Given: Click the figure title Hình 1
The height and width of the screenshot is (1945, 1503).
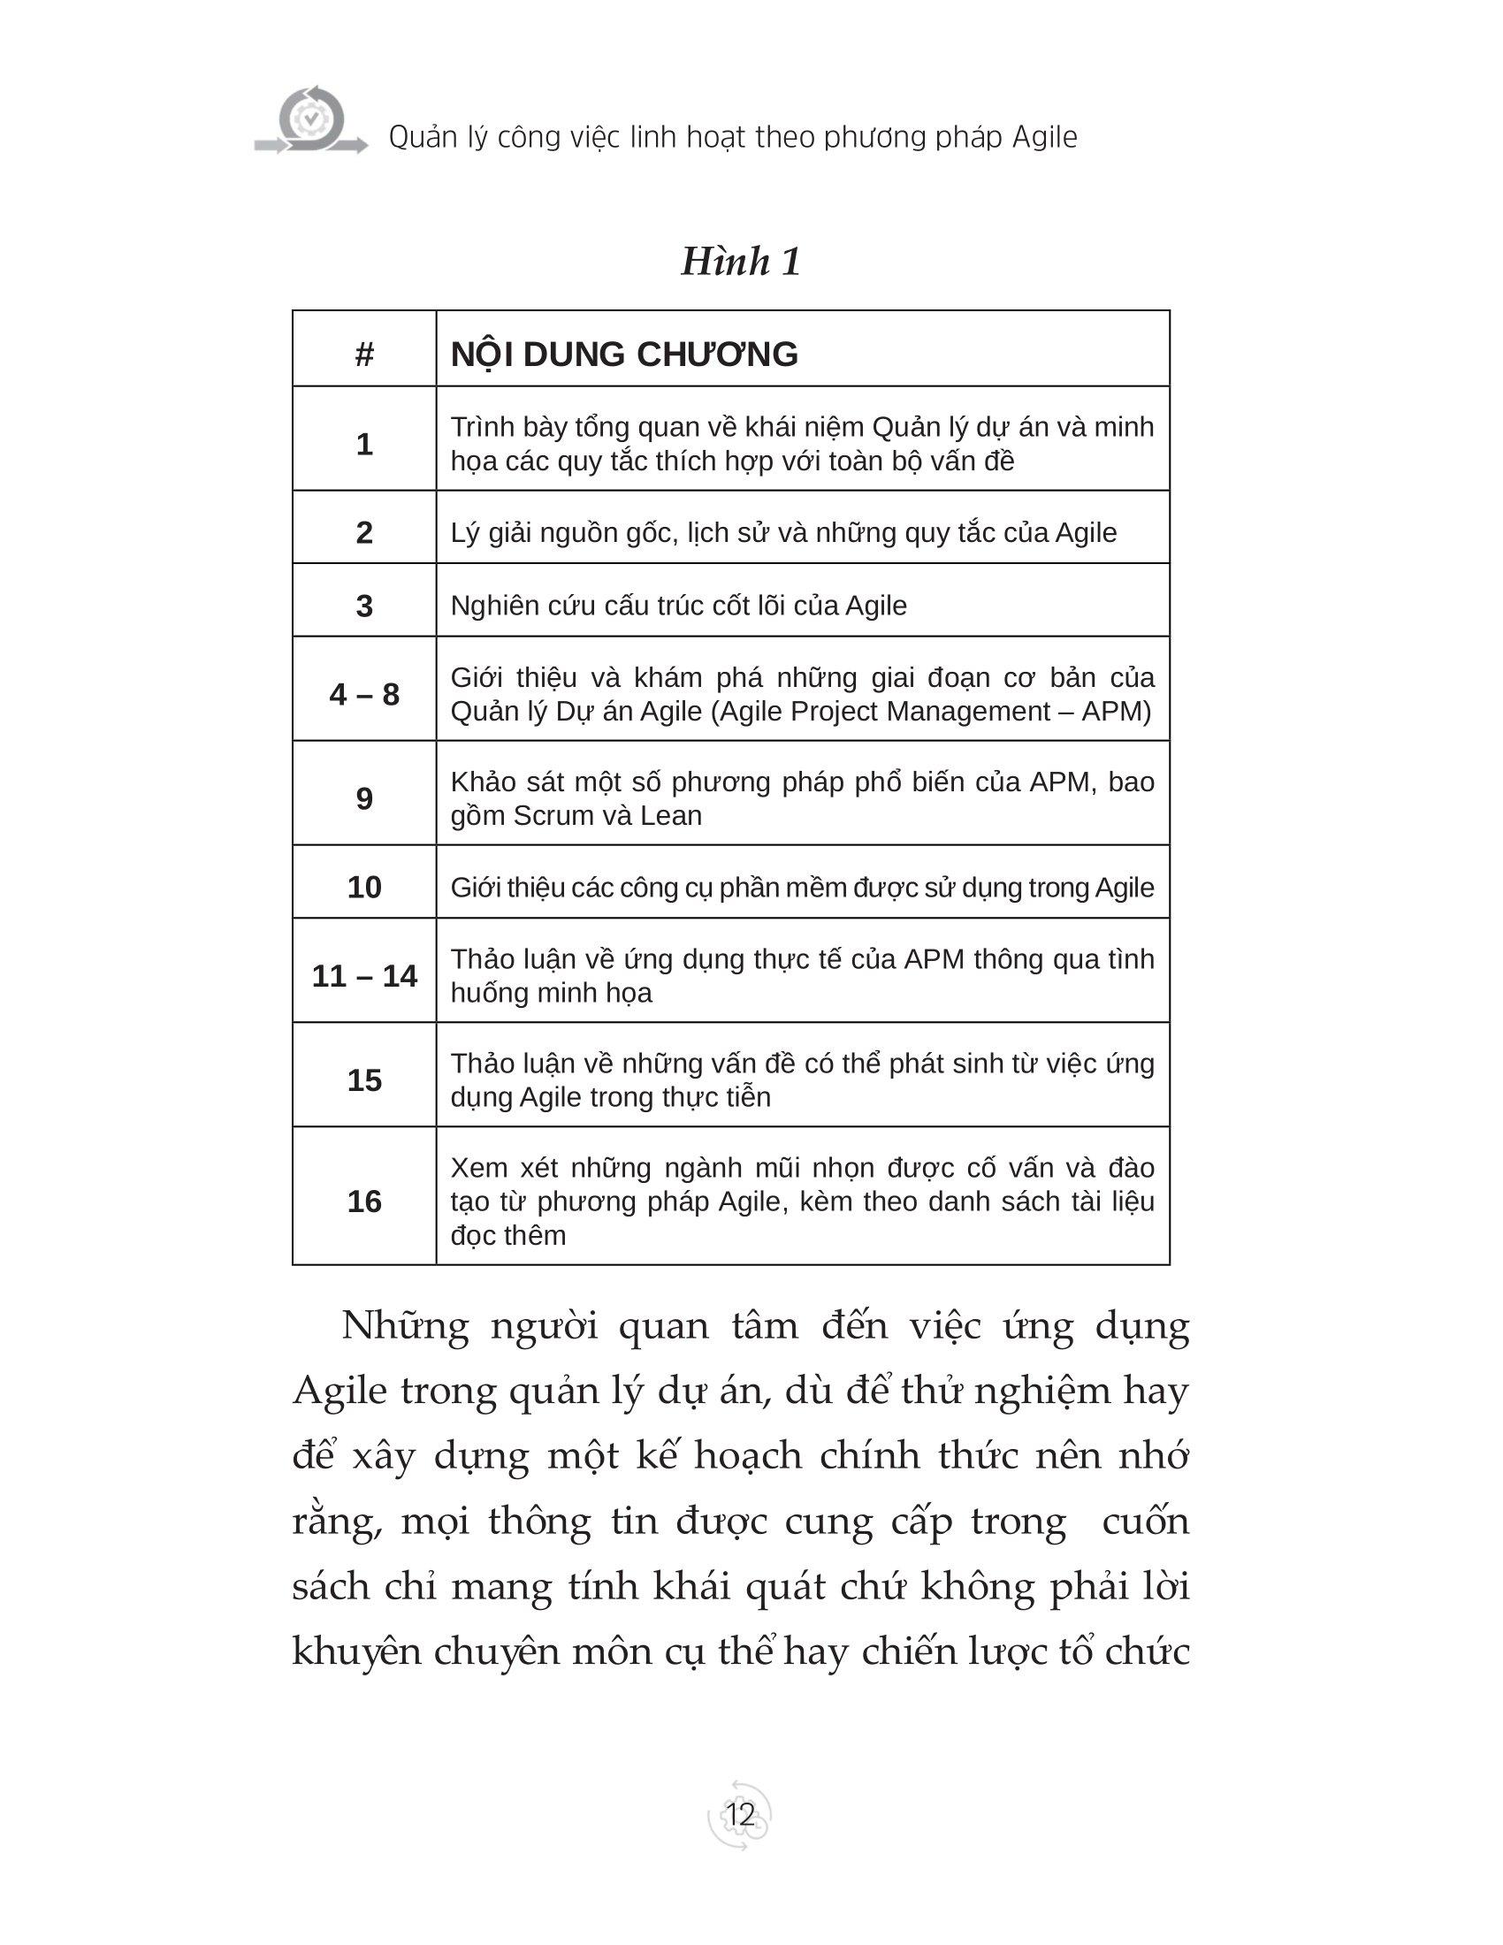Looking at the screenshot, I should [741, 262].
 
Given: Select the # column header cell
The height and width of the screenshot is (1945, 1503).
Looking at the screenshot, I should [364, 355].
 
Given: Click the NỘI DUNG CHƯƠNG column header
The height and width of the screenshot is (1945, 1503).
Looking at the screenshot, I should [624, 355].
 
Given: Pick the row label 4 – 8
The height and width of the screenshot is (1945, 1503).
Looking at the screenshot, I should [364, 694].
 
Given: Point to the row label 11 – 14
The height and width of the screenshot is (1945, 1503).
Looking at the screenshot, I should [364, 976].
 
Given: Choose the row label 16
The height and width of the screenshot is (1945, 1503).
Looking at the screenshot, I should [364, 1201].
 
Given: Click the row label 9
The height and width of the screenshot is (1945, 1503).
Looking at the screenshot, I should [364, 798].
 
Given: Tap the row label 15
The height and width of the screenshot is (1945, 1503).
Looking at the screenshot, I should [364, 1080].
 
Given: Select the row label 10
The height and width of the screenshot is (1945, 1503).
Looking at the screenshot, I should [364, 887].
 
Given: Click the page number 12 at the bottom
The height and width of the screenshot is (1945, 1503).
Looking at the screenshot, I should [740, 1814].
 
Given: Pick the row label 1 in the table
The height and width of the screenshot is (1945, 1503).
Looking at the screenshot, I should [364, 444].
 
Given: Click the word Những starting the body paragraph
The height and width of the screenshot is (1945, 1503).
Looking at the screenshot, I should [405, 1327].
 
